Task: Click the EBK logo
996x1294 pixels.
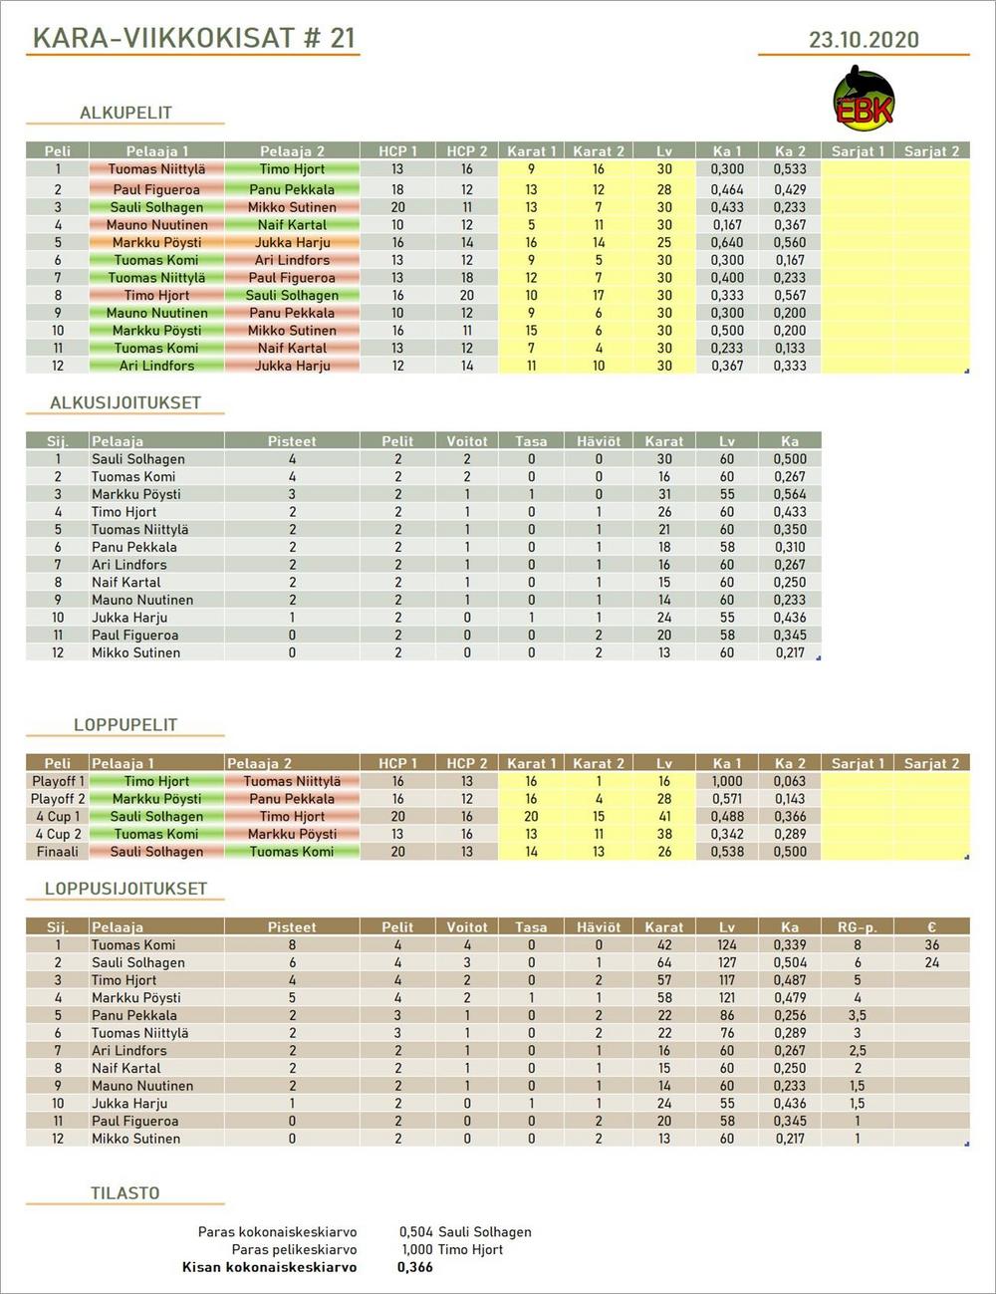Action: [x=863, y=100]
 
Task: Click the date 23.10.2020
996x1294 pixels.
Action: [x=863, y=40]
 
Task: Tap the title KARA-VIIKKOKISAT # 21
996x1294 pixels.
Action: [x=193, y=38]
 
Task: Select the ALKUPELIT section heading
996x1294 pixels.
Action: [x=125, y=113]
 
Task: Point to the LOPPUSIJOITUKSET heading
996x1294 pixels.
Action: [x=125, y=889]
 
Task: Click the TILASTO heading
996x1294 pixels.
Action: [x=124, y=1192]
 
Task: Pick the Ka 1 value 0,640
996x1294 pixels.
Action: [x=727, y=242]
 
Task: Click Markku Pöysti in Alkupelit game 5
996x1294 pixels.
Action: [x=156, y=242]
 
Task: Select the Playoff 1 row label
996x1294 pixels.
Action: [x=58, y=781]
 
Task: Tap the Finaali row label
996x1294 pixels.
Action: [x=58, y=852]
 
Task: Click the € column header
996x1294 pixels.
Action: [x=931, y=926]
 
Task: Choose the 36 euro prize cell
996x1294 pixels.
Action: [x=931, y=944]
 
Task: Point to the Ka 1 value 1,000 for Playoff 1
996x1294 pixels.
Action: [x=727, y=781]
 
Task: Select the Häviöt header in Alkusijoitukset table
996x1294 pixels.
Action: [x=598, y=440]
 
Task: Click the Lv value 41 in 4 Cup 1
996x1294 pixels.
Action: [x=664, y=816]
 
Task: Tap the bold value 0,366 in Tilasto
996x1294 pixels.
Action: [x=414, y=1267]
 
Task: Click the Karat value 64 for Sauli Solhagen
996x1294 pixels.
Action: [x=664, y=962]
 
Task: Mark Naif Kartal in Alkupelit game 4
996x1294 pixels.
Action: [x=292, y=225]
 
